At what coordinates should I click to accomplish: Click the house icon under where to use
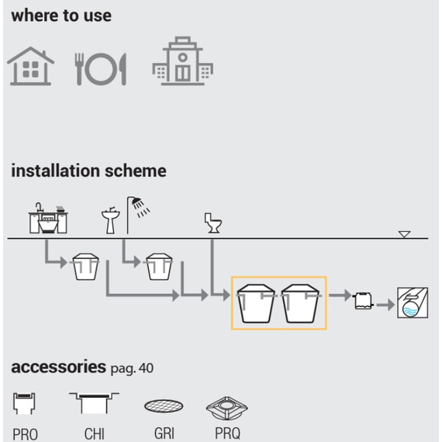pos(30,66)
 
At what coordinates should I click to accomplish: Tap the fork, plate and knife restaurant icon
pos(100,69)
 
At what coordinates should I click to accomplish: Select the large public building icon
pos(183,61)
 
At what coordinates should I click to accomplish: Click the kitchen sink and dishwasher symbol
pos(48,218)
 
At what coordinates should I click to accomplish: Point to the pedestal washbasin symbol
pos(110,220)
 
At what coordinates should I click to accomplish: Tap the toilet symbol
pos(213,223)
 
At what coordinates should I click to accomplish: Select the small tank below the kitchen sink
pos(86,267)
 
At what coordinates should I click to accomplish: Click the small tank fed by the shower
pos(159,267)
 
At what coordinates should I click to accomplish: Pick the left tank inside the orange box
pos(256,303)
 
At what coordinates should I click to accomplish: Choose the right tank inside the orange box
pos(301,303)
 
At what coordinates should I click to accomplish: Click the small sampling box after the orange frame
pos(364,301)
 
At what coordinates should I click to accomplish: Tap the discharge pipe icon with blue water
pos(413,302)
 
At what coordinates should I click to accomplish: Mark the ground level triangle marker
pos(405,234)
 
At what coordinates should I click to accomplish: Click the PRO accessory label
pos(25,433)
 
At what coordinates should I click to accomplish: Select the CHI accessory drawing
pos(94,402)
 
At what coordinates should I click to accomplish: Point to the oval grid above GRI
pos(164,406)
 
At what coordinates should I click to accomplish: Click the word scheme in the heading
pos(136,171)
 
